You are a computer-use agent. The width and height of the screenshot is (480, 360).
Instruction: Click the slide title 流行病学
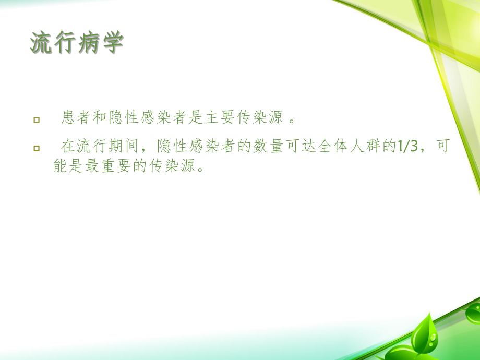point(77,43)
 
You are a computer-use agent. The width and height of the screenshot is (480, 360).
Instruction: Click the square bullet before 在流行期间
point(36,149)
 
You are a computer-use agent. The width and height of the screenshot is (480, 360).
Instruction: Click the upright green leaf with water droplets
point(423,334)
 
